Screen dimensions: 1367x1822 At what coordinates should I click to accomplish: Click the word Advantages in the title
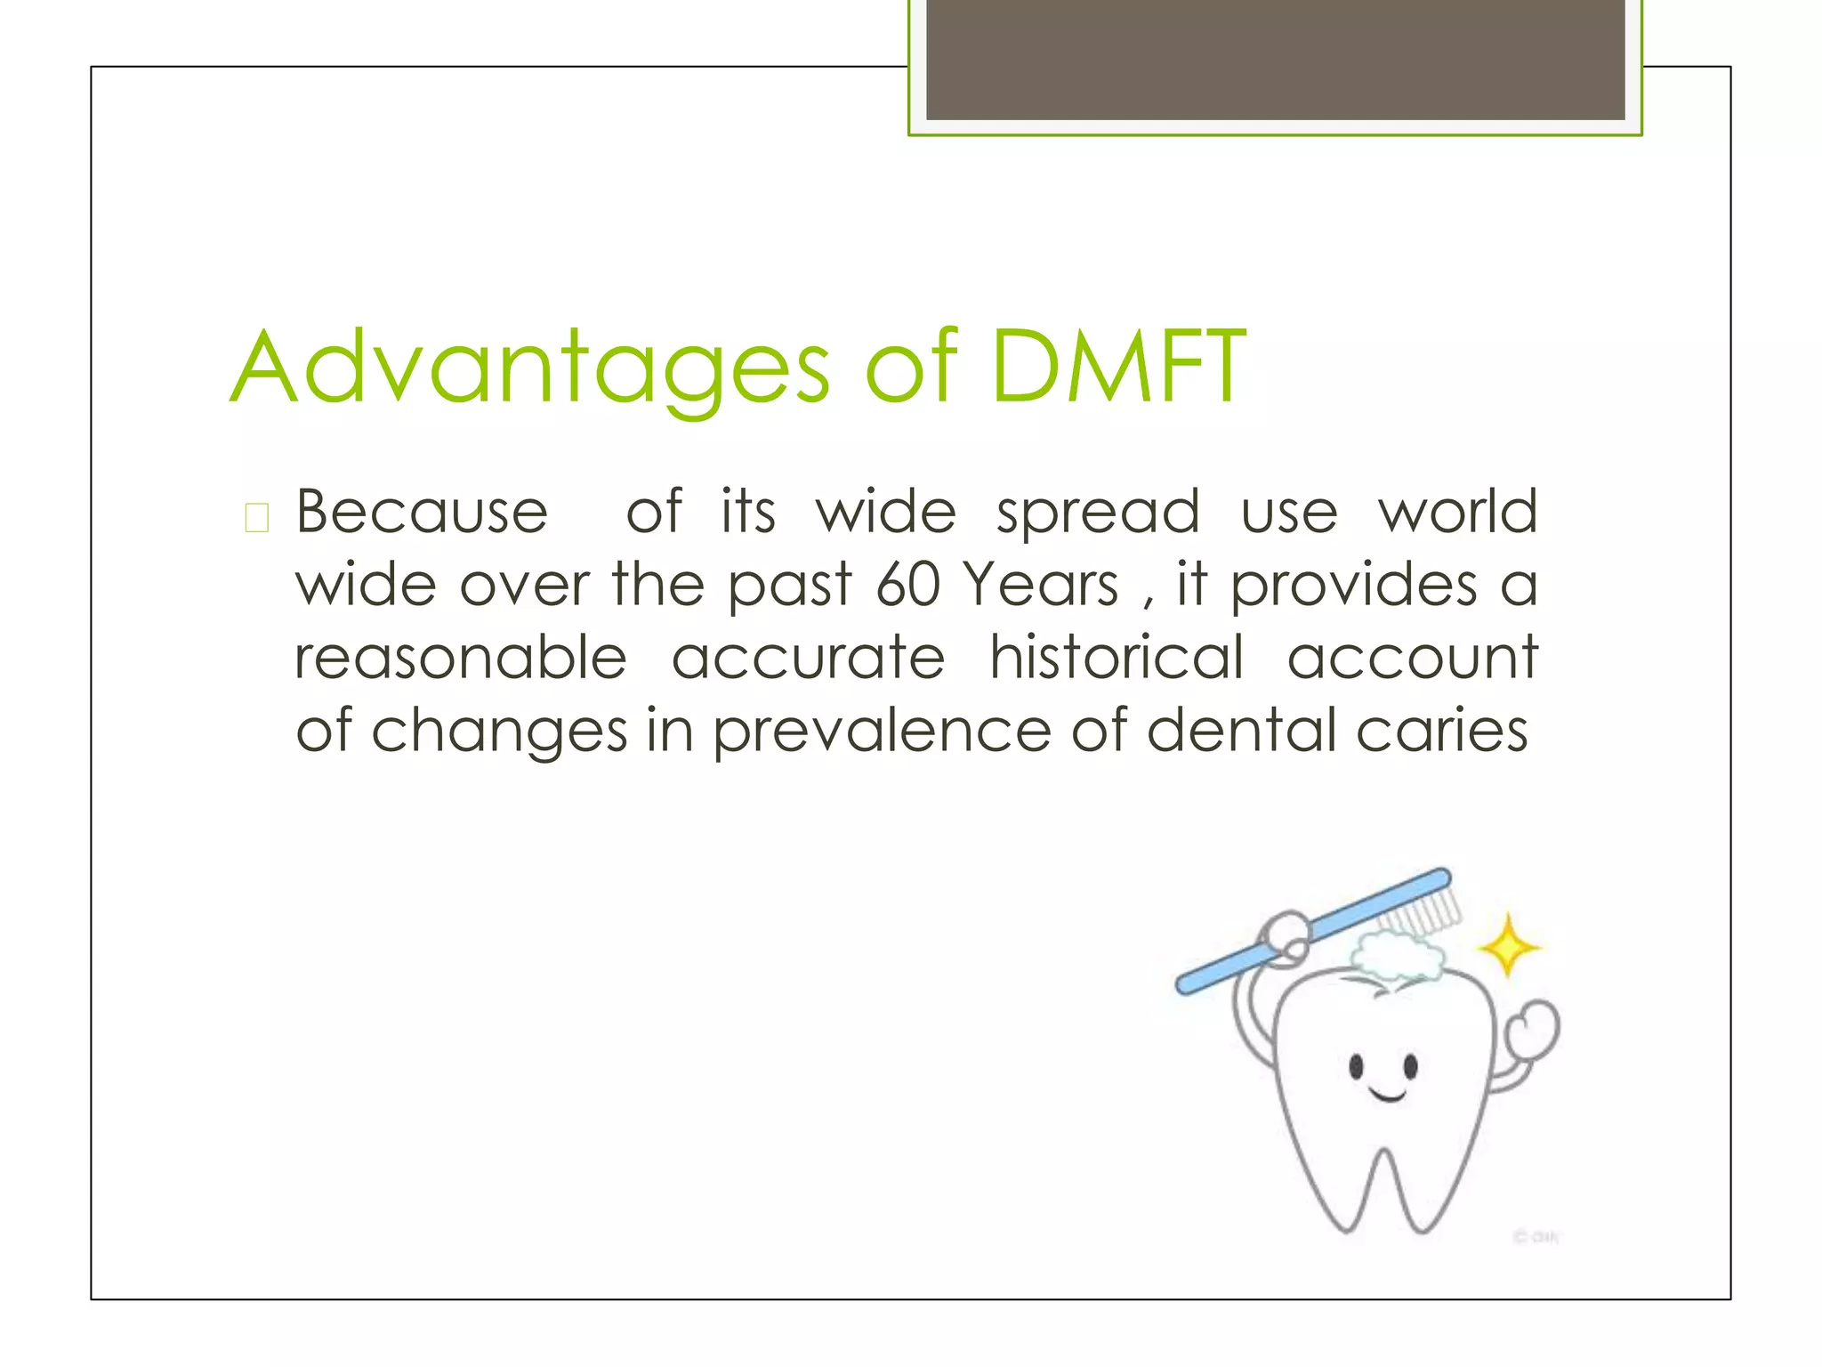click(x=531, y=368)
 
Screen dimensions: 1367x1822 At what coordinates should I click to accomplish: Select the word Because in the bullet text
click(x=421, y=513)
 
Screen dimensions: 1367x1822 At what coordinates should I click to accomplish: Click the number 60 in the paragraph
click(x=907, y=586)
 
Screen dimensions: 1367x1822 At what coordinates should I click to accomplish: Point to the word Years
click(x=1041, y=586)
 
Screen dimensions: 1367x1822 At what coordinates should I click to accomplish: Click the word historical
click(x=1117, y=659)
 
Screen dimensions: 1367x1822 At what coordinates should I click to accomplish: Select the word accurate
click(x=808, y=659)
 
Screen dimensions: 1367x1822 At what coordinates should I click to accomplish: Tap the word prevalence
click(x=883, y=732)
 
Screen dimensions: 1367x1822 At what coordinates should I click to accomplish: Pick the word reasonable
click(x=461, y=659)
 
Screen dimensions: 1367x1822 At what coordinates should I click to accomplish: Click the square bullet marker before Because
click(x=256, y=517)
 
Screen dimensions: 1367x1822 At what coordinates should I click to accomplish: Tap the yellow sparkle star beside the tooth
click(x=1508, y=946)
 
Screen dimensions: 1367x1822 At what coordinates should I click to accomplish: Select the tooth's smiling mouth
click(x=1386, y=1094)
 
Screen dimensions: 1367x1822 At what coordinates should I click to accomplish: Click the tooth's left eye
click(x=1356, y=1065)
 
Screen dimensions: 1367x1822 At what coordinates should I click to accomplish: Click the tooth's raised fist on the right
click(x=1534, y=1032)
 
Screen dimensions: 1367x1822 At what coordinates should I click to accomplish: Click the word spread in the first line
click(x=1098, y=514)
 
